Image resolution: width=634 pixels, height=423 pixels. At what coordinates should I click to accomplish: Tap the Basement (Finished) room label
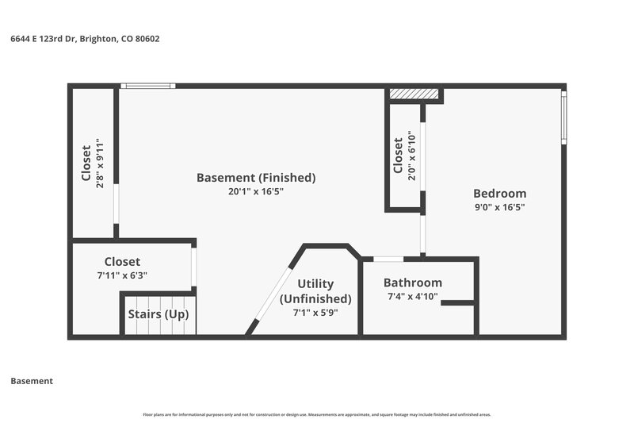coord(256,178)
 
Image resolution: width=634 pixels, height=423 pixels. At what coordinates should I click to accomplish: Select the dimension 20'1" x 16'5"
coord(256,191)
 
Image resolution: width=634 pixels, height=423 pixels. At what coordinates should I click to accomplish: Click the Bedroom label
coord(499,194)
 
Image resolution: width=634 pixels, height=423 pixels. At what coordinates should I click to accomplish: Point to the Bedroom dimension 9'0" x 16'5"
coord(499,207)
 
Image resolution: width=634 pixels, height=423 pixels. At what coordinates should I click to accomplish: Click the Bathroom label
coord(413,283)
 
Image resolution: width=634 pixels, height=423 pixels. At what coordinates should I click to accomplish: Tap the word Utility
coord(315,284)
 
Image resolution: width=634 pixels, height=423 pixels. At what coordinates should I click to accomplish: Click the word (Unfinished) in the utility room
coord(315,299)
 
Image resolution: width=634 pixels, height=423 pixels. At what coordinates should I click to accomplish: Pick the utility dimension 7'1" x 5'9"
coord(315,313)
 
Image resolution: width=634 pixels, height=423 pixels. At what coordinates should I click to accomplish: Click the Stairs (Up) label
coord(158,314)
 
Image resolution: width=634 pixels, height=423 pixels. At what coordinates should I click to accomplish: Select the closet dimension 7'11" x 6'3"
coord(122,275)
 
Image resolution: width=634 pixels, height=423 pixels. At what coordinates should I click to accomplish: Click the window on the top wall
coord(147,86)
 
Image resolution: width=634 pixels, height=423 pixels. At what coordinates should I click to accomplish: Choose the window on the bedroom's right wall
coord(563,117)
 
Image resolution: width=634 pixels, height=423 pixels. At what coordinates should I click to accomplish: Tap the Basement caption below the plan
coord(32,381)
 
